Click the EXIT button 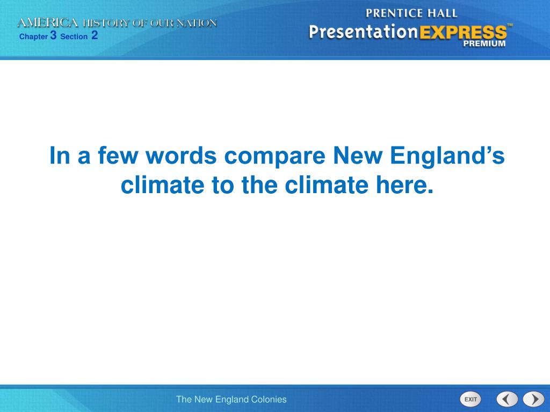point(471,399)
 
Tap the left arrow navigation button point(506,399)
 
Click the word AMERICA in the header point(48,23)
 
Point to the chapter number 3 point(53,35)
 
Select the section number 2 point(95,35)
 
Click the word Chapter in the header point(33,37)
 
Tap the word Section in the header point(74,37)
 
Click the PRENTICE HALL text point(411,13)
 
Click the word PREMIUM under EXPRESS point(484,44)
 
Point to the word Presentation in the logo point(363,32)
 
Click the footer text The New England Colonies point(231,399)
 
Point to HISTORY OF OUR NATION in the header point(149,23)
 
